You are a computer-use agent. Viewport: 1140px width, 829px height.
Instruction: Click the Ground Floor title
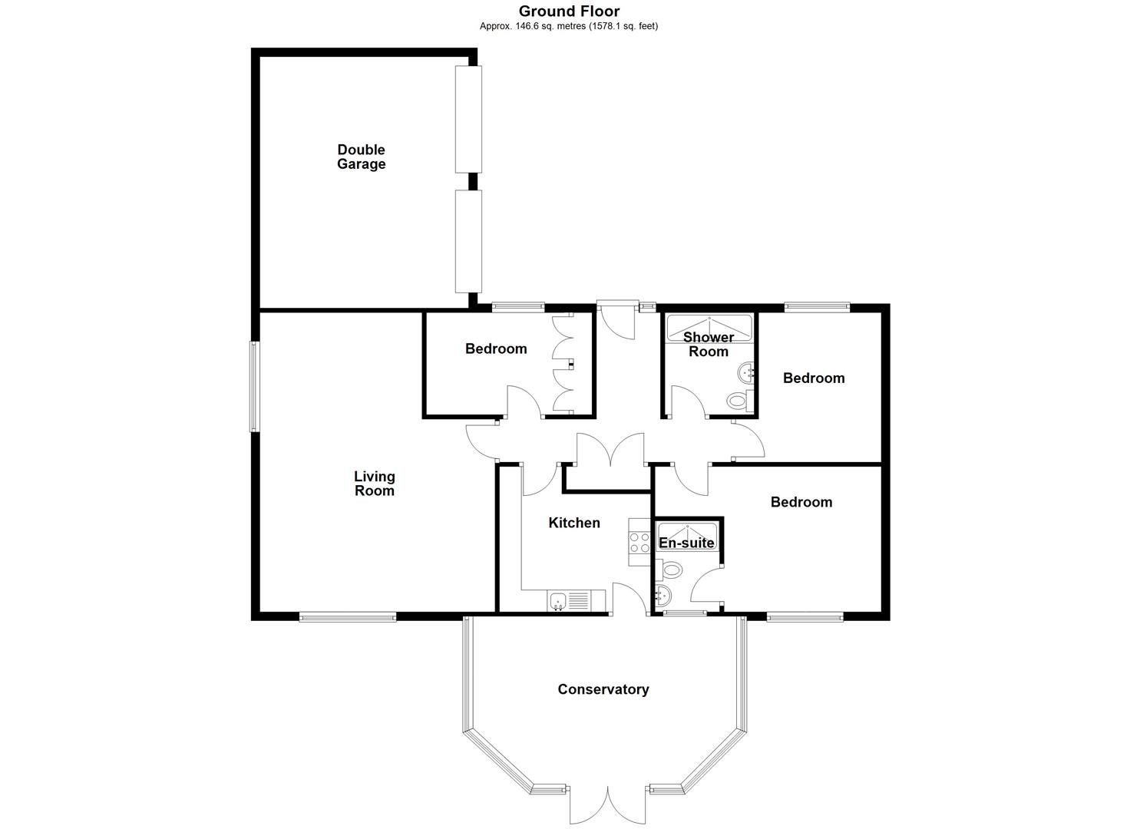point(569,12)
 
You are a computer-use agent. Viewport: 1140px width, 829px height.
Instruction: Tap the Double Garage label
point(362,157)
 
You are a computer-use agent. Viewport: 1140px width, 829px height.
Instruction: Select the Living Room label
point(375,484)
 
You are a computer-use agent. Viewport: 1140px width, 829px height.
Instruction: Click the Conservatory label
point(603,689)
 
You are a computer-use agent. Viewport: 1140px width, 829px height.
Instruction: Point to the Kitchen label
point(574,523)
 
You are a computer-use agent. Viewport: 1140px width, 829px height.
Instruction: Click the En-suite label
point(686,543)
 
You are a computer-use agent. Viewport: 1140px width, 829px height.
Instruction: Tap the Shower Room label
point(709,345)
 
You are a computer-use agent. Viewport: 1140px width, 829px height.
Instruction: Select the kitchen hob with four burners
point(639,542)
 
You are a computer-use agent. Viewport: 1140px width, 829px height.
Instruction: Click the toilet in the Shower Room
point(740,400)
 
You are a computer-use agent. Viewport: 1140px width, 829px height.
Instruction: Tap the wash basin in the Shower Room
point(745,373)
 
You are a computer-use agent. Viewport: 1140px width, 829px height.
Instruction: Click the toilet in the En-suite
point(668,570)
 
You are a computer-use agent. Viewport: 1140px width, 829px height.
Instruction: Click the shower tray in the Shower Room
point(709,328)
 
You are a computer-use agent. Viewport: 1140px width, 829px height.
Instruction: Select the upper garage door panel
point(468,119)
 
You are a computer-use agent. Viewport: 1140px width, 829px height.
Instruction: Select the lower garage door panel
point(468,241)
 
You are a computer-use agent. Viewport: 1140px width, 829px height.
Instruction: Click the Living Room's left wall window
point(254,387)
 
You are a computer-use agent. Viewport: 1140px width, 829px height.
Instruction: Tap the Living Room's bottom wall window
point(348,617)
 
